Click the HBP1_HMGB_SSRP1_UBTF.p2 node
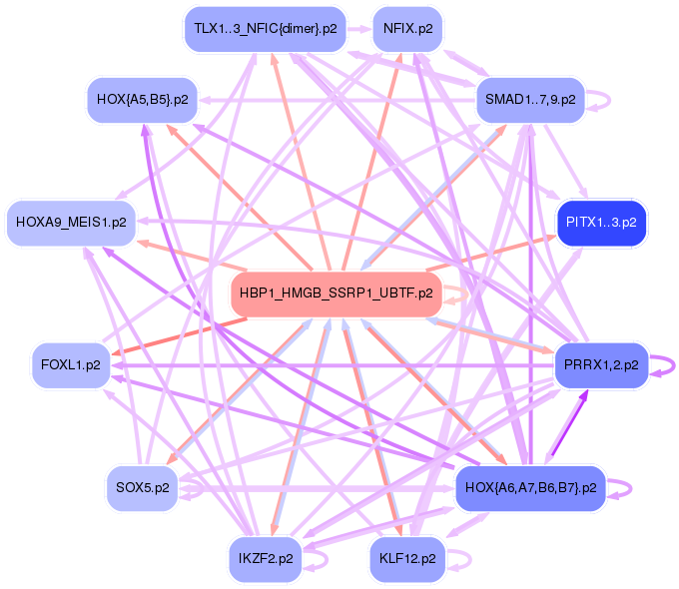pyautogui.click(x=337, y=294)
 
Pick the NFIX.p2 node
pyautogui.click(x=407, y=29)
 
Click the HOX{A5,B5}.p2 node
pyautogui.click(x=143, y=100)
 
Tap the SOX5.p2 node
pyautogui.click(x=143, y=488)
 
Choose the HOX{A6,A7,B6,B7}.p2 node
pyautogui.click(x=529, y=488)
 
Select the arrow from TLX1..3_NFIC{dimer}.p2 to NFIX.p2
pyautogui.click(x=358, y=29)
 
